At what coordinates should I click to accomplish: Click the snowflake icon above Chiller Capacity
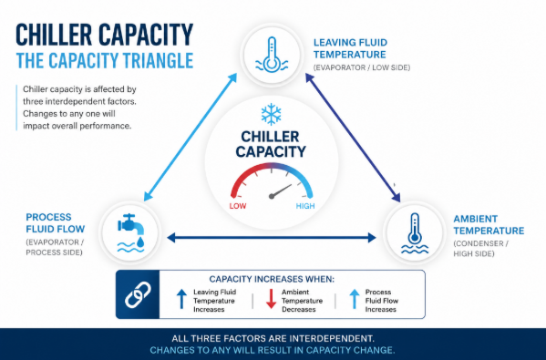click(272, 114)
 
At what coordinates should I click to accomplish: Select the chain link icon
click(138, 295)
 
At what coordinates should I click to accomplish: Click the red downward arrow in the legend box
click(271, 299)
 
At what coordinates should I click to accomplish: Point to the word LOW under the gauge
click(238, 206)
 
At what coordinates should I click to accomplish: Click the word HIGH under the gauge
click(305, 206)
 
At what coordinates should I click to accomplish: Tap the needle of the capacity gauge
click(281, 191)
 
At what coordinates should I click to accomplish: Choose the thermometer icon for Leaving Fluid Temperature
click(272, 55)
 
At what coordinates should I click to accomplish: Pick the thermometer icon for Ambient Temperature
click(415, 233)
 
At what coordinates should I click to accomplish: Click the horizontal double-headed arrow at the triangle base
click(272, 238)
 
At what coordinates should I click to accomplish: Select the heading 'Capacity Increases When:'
click(272, 279)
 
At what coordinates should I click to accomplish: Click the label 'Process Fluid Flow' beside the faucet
click(56, 222)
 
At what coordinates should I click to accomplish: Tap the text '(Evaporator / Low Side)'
click(362, 67)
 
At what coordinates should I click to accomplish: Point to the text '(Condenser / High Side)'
click(481, 249)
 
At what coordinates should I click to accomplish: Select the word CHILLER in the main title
click(54, 35)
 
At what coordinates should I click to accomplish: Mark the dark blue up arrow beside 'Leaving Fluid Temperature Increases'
click(181, 299)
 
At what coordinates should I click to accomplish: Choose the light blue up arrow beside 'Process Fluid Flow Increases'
click(355, 299)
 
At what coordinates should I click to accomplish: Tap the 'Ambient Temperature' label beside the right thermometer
click(489, 224)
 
